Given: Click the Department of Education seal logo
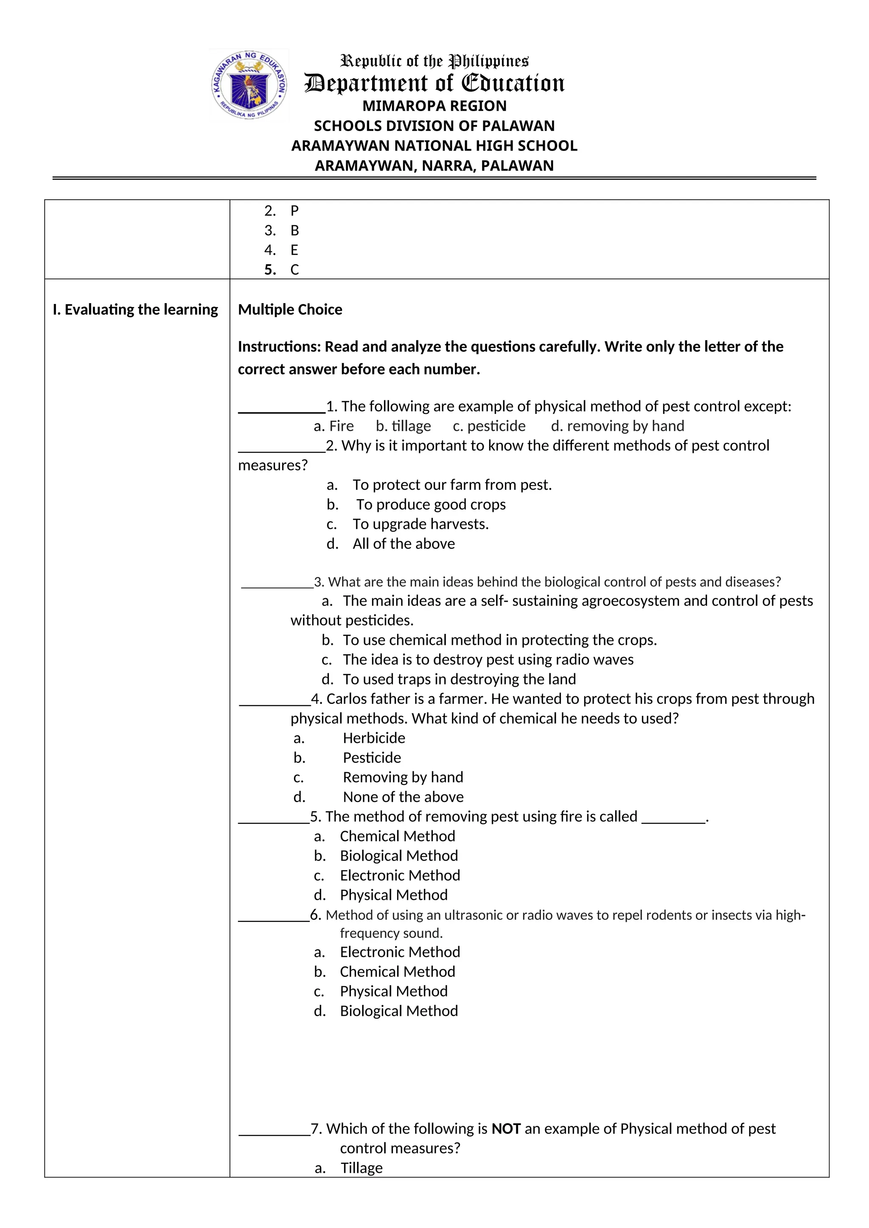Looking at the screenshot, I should pyautogui.click(x=249, y=85).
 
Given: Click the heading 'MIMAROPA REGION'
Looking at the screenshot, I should pyautogui.click(x=434, y=106).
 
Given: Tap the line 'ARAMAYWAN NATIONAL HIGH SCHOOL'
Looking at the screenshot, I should pyautogui.click(x=434, y=145).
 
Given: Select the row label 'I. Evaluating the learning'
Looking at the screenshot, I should pyautogui.click(x=135, y=310).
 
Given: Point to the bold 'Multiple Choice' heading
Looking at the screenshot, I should pyautogui.click(x=290, y=310).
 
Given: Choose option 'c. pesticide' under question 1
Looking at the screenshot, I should pyautogui.click(x=489, y=426).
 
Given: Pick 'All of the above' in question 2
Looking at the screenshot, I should pyautogui.click(x=404, y=544).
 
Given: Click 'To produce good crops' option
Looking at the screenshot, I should pyautogui.click(x=431, y=504).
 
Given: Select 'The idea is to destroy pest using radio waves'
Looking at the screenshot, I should pyautogui.click(x=488, y=659).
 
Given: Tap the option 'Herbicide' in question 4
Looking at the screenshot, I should pyautogui.click(x=374, y=738).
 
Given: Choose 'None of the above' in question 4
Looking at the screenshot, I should pyautogui.click(x=403, y=797).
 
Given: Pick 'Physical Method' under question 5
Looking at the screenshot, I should pyautogui.click(x=394, y=895).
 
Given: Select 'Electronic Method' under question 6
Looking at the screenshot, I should pyautogui.click(x=400, y=952).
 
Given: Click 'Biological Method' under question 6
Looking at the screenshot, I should pyautogui.click(x=399, y=1011).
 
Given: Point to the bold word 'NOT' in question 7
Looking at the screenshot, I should pyautogui.click(x=506, y=1129).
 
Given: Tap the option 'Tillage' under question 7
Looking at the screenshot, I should pyautogui.click(x=362, y=1168).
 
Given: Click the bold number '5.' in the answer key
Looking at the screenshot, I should pyautogui.click(x=270, y=270).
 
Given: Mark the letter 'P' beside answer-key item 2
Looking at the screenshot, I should pyautogui.click(x=294, y=211).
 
